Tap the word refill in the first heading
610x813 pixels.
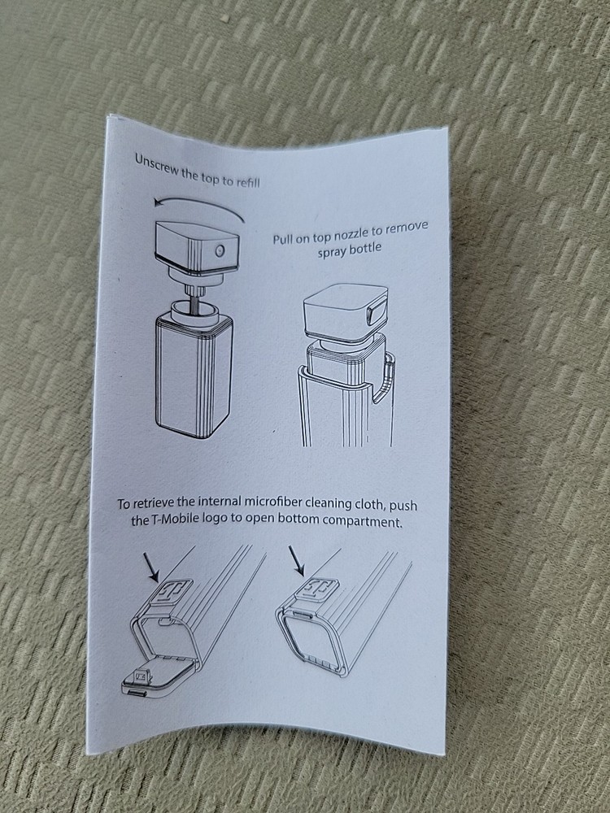[243, 180]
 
